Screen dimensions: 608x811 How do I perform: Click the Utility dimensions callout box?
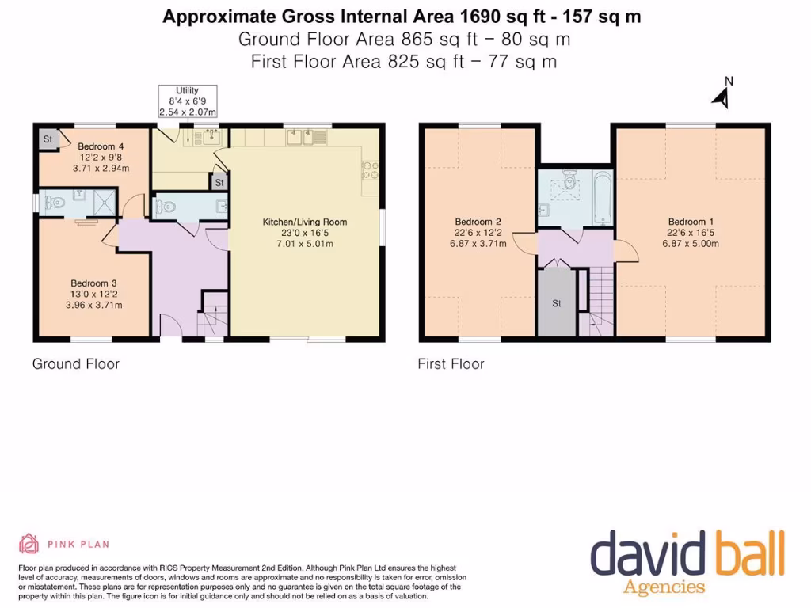pyautogui.click(x=187, y=101)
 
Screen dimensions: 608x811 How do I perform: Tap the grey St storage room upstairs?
pyautogui.click(x=557, y=302)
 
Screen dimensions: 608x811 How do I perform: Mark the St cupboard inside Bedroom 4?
pyautogui.click(x=48, y=140)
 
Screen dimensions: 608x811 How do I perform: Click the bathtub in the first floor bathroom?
pyautogui.click(x=601, y=198)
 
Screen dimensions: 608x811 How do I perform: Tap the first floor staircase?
pyautogui.click(x=599, y=301)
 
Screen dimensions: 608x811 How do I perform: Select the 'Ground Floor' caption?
pyautogui.click(x=75, y=364)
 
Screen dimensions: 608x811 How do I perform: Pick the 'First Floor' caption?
pyautogui.click(x=451, y=364)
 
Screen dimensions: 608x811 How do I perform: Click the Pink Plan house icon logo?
pyautogui.click(x=29, y=544)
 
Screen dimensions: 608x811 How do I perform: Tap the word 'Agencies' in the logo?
pyautogui.click(x=664, y=587)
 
